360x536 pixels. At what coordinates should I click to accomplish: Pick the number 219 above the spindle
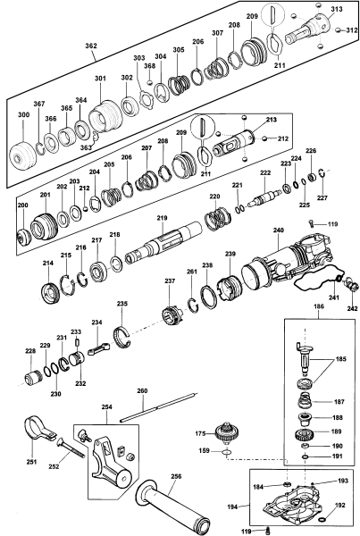(162, 218)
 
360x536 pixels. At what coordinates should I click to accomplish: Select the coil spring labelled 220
(217, 218)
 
